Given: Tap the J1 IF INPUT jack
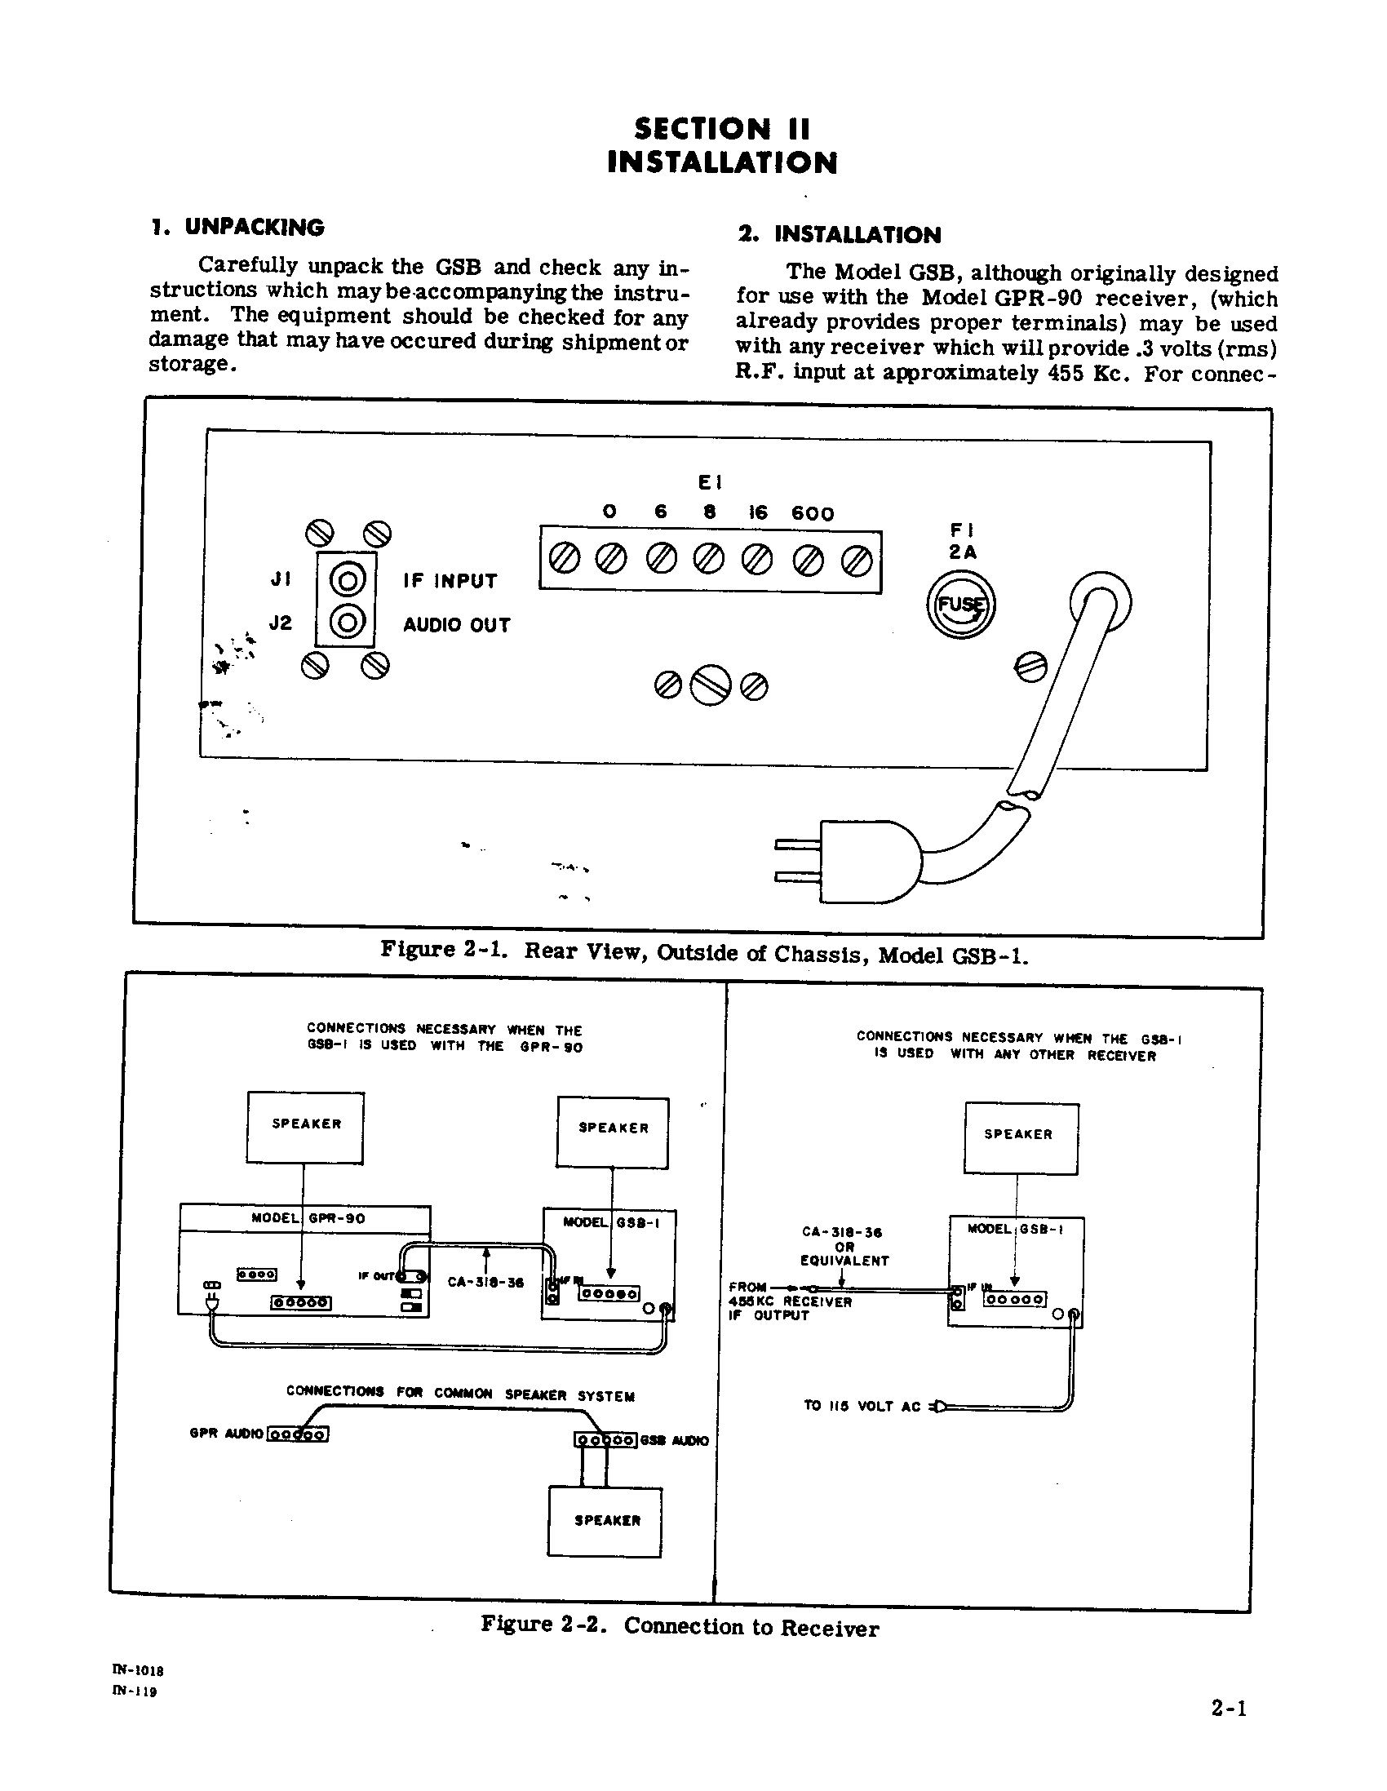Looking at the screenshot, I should [x=347, y=581].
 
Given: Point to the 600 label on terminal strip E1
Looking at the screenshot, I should [x=812, y=514].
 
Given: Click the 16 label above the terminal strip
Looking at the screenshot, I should [x=757, y=512].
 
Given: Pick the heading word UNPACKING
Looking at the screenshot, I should [x=255, y=227].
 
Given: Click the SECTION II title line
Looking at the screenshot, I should [x=722, y=129].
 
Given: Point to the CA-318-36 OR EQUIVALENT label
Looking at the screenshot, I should [x=844, y=1246].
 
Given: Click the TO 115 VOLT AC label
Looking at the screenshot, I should [x=862, y=1406].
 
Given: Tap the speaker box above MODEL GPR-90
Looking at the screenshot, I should [x=305, y=1126].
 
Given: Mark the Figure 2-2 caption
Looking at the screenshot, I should [x=679, y=1627].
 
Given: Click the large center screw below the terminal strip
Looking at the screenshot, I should [x=711, y=684].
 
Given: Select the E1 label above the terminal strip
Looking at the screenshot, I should [x=710, y=482].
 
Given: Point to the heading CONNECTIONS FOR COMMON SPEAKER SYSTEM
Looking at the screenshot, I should [x=460, y=1394].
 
